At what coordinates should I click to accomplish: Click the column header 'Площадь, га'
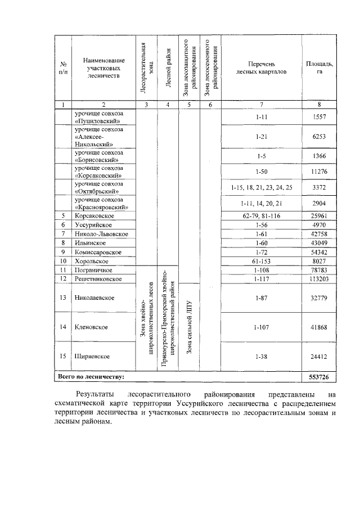[x=319, y=68]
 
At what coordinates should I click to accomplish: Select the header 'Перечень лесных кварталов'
[x=261, y=68]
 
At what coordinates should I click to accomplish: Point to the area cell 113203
[x=319, y=278]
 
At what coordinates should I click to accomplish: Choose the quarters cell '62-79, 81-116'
[x=261, y=215]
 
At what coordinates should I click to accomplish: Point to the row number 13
[x=64, y=298]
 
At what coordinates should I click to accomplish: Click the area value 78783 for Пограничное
[x=319, y=269]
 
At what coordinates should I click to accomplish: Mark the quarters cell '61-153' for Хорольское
[x=261, y=260]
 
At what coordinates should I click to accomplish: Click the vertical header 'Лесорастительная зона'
[x=145, y=68]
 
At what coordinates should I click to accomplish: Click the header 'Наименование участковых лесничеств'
[x=103, y=68]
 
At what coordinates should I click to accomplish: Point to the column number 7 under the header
[x=261, y=104]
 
